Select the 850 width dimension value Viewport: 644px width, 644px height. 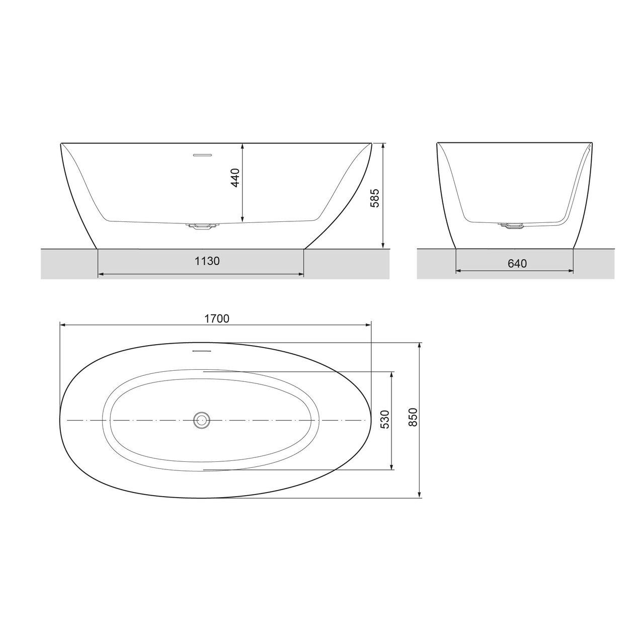413,417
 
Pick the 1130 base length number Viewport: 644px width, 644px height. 207,262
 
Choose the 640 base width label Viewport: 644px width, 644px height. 517,264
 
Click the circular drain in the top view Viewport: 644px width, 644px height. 202,420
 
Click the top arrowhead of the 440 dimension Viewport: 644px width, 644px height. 243,146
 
